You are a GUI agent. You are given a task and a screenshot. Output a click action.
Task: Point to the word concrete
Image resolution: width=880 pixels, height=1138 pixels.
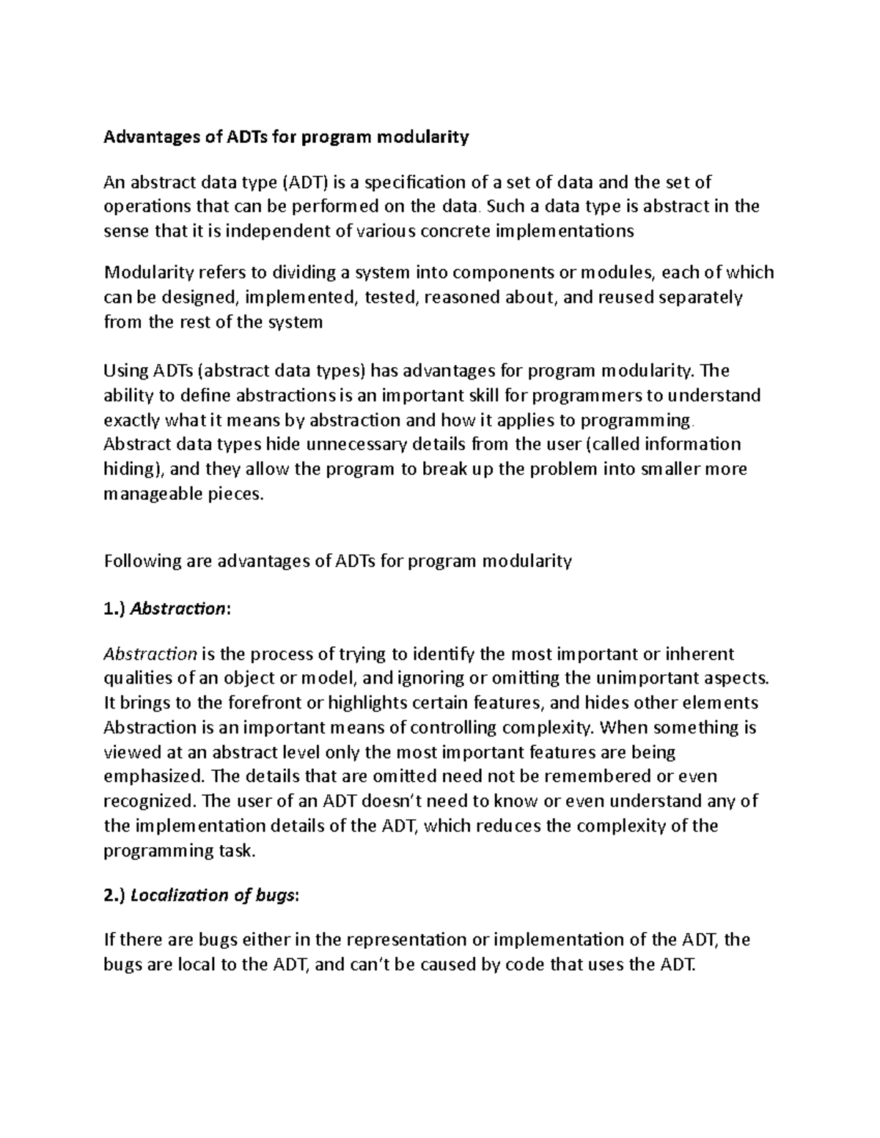coord(457,232)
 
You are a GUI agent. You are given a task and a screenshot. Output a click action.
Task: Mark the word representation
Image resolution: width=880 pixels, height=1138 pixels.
coord(413,939)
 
